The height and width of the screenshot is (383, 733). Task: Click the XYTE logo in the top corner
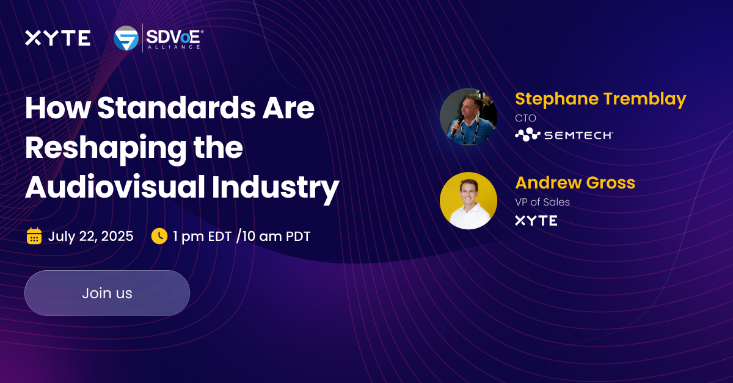(x=57, y=38)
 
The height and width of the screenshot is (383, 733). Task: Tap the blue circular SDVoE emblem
(x=126, y=38)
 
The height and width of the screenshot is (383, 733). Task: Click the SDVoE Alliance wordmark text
(x=174, y=38)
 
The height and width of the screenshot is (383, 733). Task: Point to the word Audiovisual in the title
(x=114, y=187)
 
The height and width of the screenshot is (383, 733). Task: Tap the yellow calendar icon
(x=34, y=236)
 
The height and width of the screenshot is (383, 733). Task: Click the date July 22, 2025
(x=90, y=237)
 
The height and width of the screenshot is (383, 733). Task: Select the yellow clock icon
(x=159, y=236)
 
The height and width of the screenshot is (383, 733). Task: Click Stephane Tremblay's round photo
(x=469, y=116)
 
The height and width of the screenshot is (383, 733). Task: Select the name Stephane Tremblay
(x=600, y=99)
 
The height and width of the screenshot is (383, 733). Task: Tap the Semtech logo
(x=563, y=135)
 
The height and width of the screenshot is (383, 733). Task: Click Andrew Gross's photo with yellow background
(x=469, y=201)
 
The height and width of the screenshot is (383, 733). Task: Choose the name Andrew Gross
(x=575, y=182)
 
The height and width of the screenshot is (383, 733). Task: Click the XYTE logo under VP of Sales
(x=536, y=221)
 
